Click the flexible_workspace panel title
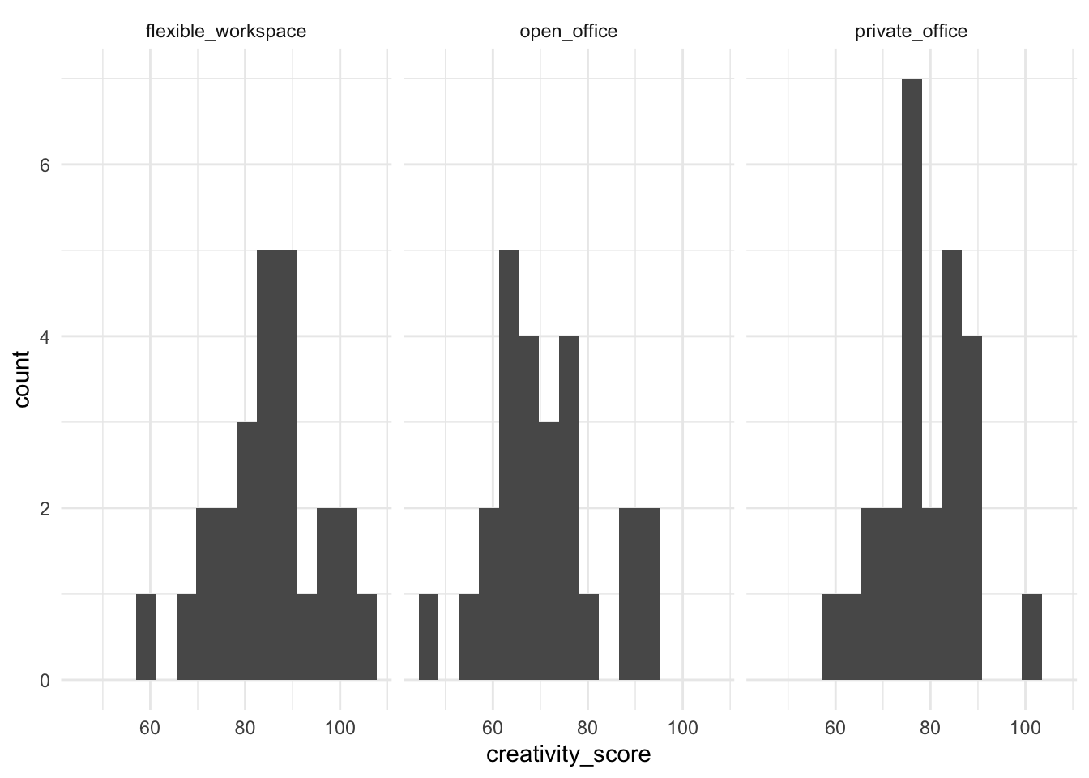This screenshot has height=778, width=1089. pyautogui.click(x=225, y=32)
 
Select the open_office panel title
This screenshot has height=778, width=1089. pyautogui.click(x=568, y=32)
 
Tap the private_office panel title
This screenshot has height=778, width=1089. pyautogui.click(x=911, y=32)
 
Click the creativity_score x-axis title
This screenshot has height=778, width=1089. pyautogui.click(x=568, y=754)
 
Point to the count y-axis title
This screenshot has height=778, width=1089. pyautogui.click(x=22, y=378)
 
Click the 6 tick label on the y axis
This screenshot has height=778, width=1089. pyautogui.click(x=45, y=165)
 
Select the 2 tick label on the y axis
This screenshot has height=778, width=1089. pyautogui.click(x=45, y=509)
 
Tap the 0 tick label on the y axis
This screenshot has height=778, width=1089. pyautogui.click(x=45, y=681)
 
